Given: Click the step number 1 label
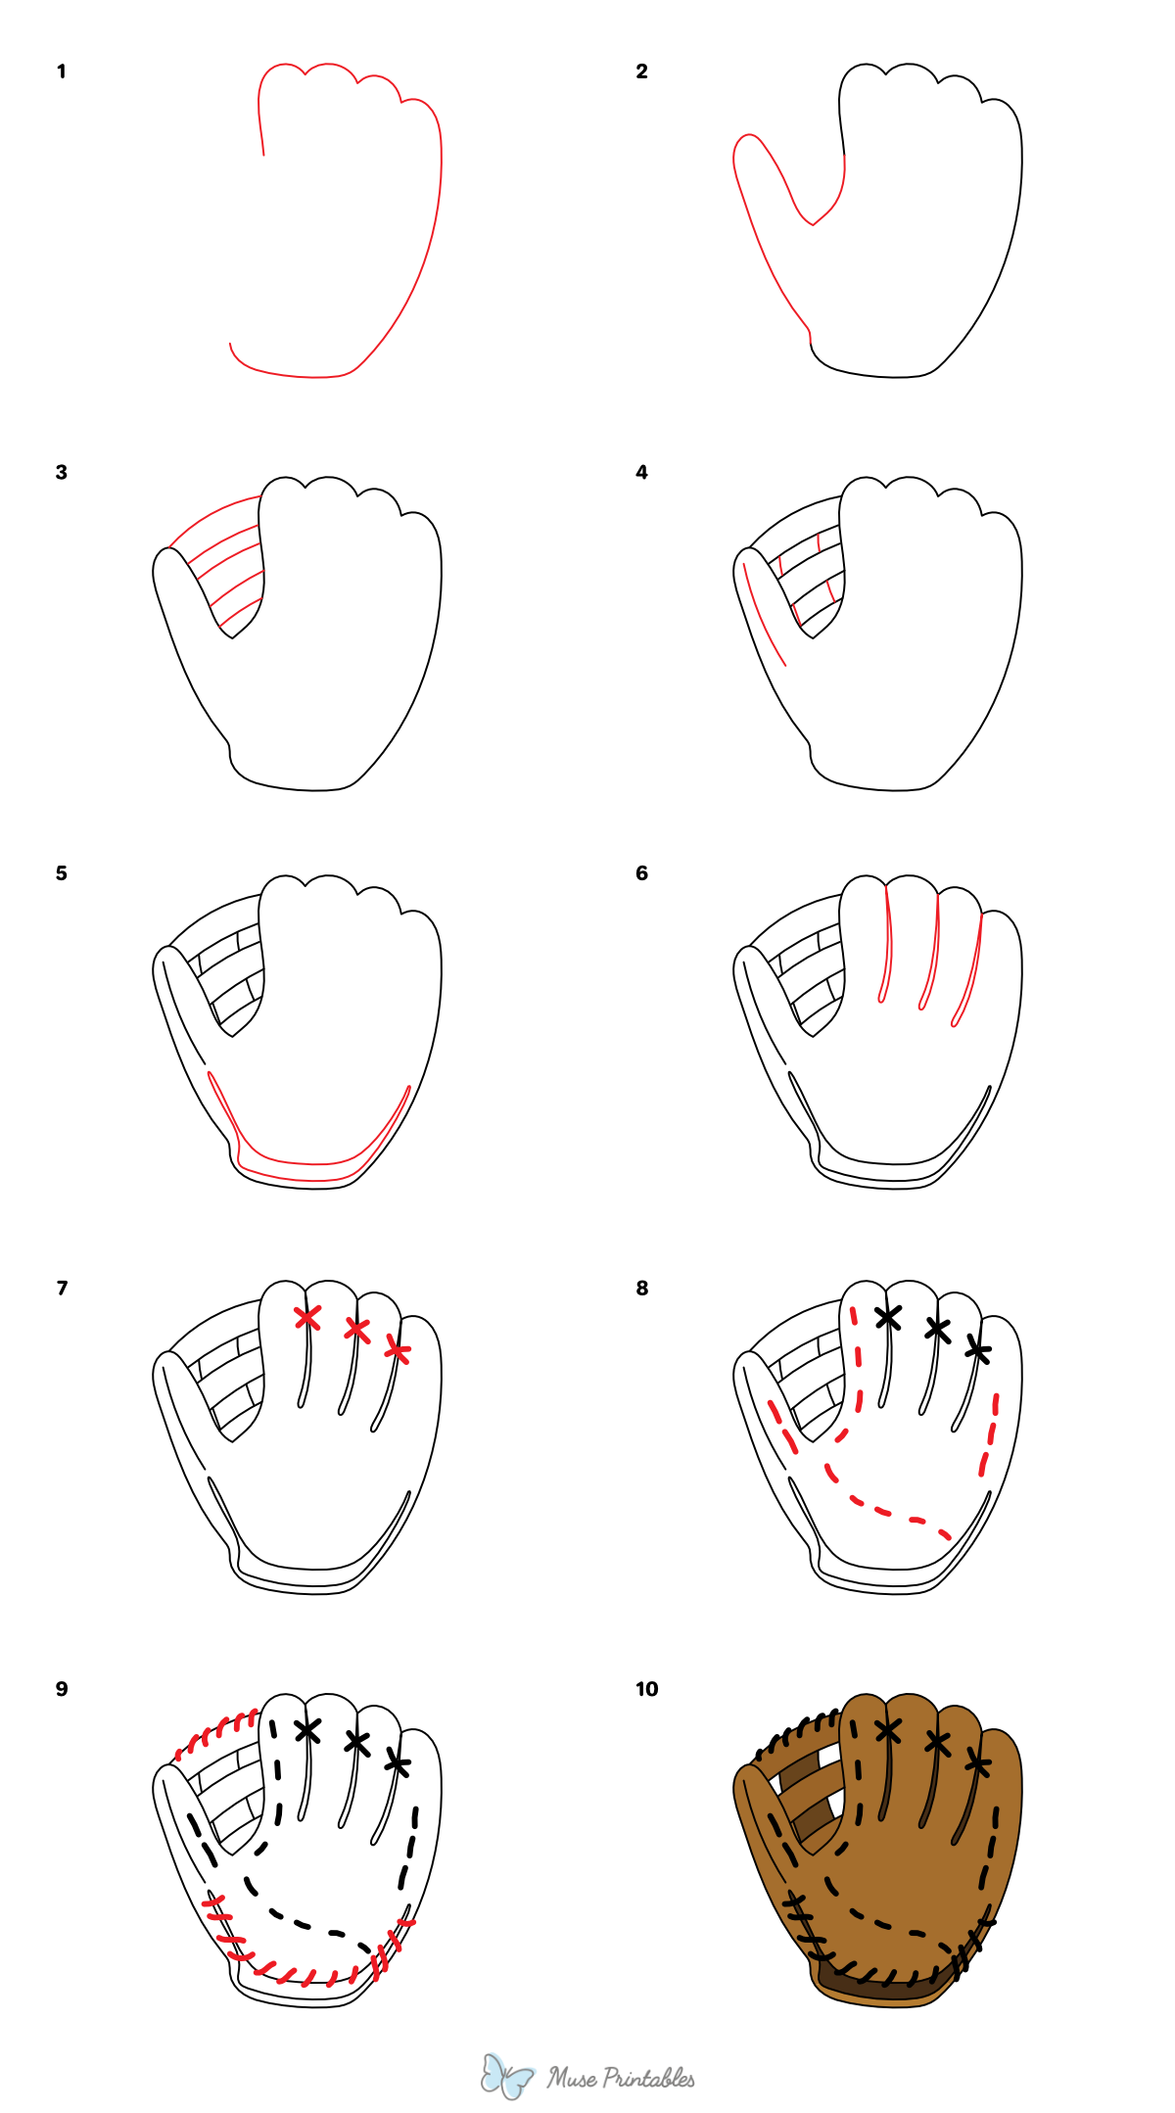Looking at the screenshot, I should pyautogui.click(x=61, y=71).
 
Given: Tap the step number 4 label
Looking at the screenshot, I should pyautogui.click(x=641, y=472).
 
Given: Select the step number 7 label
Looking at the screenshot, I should pyautogui.click(x=62, y=1288).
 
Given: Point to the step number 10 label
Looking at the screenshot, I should pyautogui.click(x=646, y=1688).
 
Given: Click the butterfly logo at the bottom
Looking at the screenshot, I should pyautogui.click(x=506, y=2075).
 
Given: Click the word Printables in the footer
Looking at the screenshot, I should pyautogui.click(x=648, y=2078).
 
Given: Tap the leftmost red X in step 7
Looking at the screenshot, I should pyautogui.click(x=307, y=1317).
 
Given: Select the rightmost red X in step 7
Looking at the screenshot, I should pyautogui.click(x=398, y=1351).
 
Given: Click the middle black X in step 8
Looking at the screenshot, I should pyautogui.click(x=938, y=1329).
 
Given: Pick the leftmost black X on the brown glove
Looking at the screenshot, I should pyautogui.click(x=888, y=1730).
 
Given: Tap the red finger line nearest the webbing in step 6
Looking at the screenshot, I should pyautogui.click(x=887, y=945).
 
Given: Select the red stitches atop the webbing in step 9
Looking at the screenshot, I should pyautogui.click(x=216, y=1732).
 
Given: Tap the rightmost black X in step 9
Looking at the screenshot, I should pyautogui.click(x=398, y=1763).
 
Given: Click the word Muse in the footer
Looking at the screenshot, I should pyautogui.click(x=573, y=2078).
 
